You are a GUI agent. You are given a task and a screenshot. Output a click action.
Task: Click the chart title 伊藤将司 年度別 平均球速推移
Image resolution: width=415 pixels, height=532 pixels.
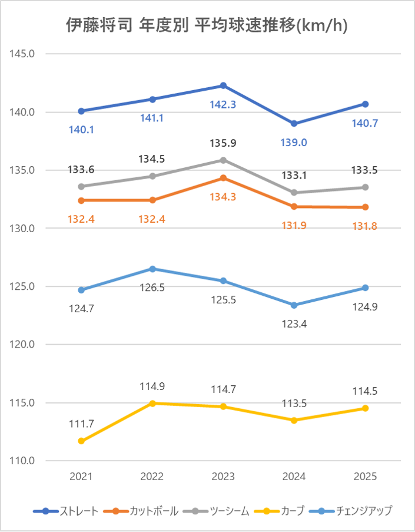point(207,25)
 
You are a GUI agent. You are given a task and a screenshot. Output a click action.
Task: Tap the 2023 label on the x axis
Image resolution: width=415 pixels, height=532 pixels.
point(223,477)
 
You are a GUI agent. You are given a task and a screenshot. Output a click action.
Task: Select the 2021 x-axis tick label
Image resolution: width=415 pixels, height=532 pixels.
point(81,477)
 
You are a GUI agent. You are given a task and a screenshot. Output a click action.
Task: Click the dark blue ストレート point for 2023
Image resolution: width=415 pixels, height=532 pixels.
point(223,85)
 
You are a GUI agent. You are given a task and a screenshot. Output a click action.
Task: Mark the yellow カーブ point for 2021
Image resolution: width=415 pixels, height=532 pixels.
point(81,441)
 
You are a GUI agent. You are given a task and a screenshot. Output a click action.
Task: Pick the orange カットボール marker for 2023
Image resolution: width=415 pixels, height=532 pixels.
point(223,178)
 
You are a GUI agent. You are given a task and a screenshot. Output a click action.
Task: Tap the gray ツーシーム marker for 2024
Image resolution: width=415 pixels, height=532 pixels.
point(294,192)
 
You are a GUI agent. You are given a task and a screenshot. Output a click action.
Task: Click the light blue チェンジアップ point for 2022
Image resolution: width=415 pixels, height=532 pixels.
point(152,269)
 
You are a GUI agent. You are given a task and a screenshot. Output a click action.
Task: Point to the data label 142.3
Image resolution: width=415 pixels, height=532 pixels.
point(223,105)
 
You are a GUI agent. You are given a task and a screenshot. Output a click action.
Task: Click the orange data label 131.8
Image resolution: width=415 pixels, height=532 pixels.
point(365,225)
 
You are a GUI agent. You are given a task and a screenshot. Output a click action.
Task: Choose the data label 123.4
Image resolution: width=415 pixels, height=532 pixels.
point(294,323)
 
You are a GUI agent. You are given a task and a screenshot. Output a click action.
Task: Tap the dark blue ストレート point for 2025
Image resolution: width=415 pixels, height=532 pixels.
point(365,104)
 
